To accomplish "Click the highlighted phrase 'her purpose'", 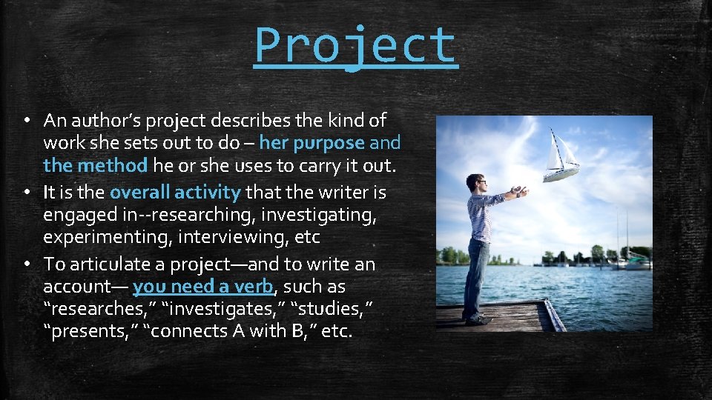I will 311,142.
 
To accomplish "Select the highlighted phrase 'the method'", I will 96,164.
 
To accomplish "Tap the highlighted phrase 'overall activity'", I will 175,193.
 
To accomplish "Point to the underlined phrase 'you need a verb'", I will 202,287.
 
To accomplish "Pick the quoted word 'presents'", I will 90,331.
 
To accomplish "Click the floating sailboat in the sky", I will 561,156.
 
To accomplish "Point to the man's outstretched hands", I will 522,192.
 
